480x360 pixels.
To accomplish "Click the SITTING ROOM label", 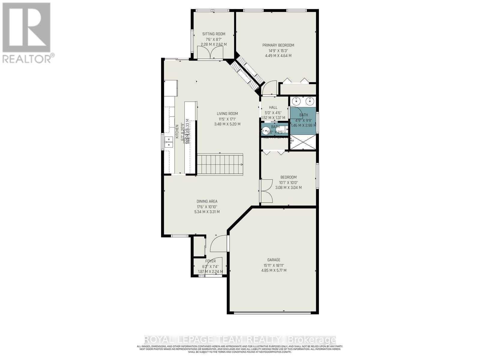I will click(x=214, y=34).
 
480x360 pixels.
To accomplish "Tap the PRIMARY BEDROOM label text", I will click(x=278, y=45).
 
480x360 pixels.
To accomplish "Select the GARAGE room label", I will click(x=274, y=260).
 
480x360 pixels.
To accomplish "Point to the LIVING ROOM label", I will click(x=227, y=114).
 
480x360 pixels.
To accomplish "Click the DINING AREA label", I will click(x=207, y=201).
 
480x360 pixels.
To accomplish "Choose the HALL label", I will click(x=273, y=107).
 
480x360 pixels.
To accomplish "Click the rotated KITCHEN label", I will click(x=177, y=132).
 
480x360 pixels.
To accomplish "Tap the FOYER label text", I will click(x=210, y=261).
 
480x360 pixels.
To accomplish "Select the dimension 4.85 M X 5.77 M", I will click(x=274, y=270).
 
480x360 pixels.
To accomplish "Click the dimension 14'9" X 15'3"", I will click(x=278, y=50).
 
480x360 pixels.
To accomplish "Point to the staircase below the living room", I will click(x=220, y=164).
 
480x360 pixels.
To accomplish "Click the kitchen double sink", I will click(x=169, y=142).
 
